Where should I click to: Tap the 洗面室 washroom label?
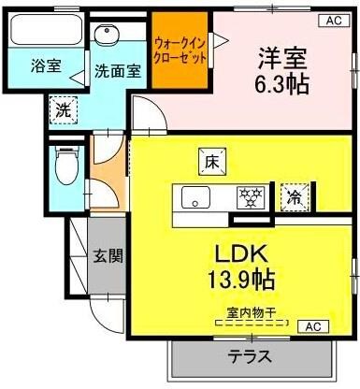pos(117,70)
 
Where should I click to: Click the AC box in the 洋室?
pos(333,20)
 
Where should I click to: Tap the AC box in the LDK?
pos(313,326)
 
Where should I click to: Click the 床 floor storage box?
pos(209,161)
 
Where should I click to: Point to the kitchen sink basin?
pos(196,197)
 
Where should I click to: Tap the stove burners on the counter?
pos(249,196)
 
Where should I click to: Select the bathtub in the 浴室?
pos(44,34)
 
